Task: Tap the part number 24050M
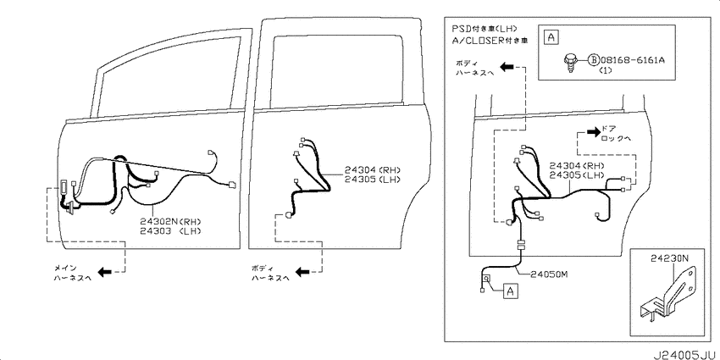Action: point(550,274)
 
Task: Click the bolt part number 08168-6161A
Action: point(632,59)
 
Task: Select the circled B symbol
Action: point(593,59)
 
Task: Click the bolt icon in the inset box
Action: point(570,62)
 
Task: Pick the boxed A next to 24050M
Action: point(510,291)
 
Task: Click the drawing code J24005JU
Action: point(684,355)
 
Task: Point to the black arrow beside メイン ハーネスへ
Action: point(105,272)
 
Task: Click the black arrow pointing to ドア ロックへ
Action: point(593,132)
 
